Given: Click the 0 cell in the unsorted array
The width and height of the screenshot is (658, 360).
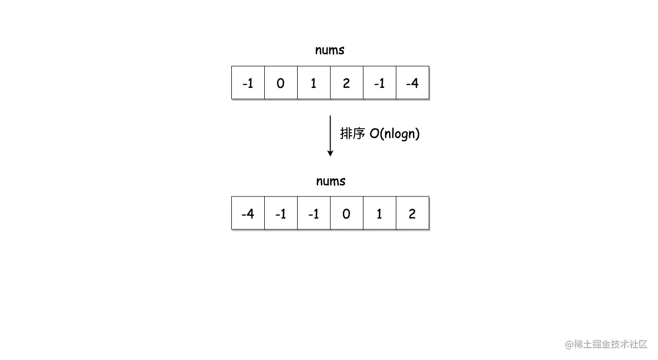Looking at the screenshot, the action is tap(281, 83).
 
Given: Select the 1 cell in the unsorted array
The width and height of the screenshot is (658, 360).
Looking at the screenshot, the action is tap(314, 83).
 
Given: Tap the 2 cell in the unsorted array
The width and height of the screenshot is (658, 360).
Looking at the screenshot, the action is tap(346, 83).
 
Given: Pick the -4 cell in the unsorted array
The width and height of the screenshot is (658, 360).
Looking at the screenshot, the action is tap(412, 83).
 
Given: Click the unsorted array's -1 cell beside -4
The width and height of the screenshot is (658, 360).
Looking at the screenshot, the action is tap(379, 83).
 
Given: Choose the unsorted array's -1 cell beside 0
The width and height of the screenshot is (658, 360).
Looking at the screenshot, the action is tap(248, 83).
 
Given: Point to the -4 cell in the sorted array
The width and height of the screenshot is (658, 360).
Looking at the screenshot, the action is tap(248, 213).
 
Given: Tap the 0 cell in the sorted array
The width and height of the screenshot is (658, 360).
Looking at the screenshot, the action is tap(346, 213).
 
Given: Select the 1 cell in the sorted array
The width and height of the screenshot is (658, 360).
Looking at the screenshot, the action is tap(379, 213).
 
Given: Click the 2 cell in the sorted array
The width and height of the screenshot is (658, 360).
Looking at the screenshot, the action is tap(412, 213).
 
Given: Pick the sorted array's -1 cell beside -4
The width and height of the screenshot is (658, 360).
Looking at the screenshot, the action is tap(281, 213).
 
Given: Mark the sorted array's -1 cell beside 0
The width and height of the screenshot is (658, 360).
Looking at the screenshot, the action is tap(314, 213).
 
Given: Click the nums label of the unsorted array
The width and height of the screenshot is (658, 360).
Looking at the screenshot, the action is tap(330, 50).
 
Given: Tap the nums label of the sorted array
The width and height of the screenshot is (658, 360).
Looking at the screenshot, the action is tap(331, 182).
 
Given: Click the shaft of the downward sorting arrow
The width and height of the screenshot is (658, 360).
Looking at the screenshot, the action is tap(330, 132).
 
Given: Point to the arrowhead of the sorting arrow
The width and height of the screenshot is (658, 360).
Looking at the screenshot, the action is tap(330, 152).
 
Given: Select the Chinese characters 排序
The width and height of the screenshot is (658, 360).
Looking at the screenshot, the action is tap(352, 134).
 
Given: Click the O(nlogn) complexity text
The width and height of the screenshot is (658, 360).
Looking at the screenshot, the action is tap(395, 134).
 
